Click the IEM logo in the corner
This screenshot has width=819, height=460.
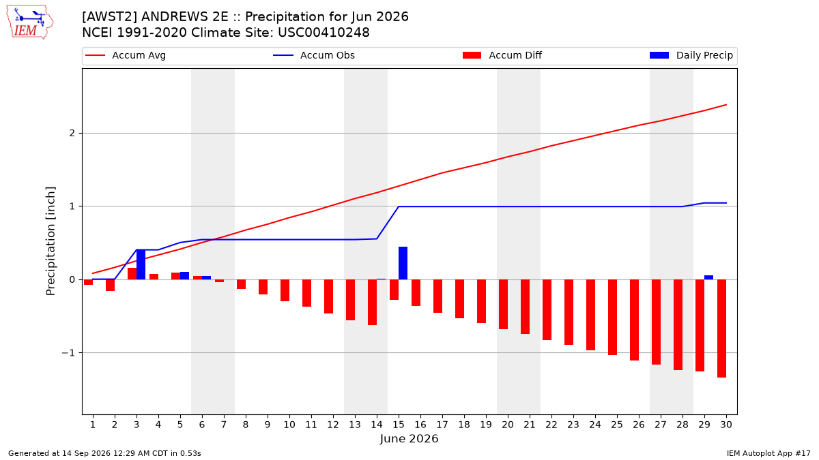click(30, 22)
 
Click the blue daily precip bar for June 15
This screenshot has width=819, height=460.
click(403, 263)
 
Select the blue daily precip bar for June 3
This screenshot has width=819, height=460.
click(141, 264)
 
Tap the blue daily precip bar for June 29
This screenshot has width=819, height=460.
click(708, 277)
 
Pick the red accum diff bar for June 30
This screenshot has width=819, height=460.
click(722, 328)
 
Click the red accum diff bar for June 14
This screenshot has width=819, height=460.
click(372, 303)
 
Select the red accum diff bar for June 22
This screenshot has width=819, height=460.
click(547, 310)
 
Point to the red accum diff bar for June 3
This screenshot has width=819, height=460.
click(132, 274)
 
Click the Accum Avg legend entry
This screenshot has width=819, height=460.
click(126, 55)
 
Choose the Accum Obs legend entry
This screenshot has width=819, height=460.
click(314, 55)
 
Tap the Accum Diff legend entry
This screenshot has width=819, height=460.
click(502, 55)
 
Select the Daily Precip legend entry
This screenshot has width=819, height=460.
click(691, 55)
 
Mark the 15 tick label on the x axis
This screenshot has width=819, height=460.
click(399, 425)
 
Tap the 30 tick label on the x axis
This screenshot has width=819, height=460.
click(726, 425)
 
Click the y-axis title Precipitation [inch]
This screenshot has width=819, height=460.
click(51, 241)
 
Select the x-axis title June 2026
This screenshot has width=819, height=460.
click(409, 438)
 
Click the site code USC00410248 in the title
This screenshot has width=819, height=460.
click(324, 33)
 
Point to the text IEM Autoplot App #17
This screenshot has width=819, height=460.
click(768, 453)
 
